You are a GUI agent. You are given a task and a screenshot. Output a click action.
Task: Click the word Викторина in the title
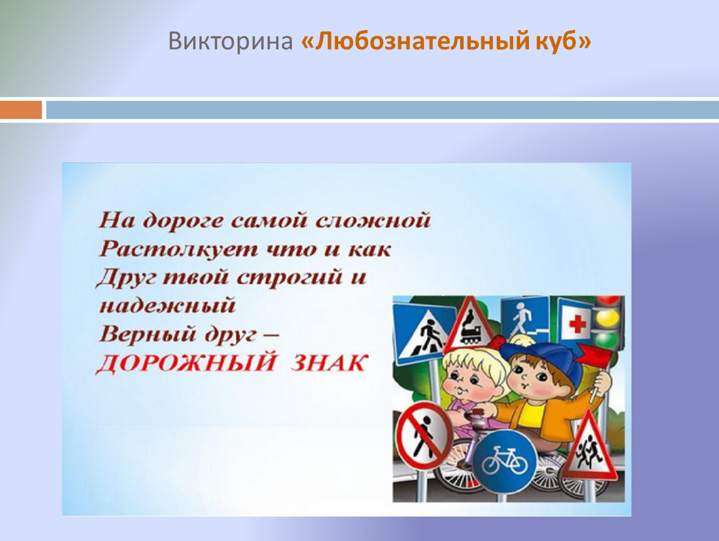tap(230, 41)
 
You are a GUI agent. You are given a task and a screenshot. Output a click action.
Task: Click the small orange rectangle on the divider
tap(21, 110)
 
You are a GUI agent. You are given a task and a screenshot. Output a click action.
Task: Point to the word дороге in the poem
tap(183, 221)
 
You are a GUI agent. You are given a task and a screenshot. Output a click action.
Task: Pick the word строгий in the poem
tap(289, 278)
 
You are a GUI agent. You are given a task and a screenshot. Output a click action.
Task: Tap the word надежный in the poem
tap(168, 306)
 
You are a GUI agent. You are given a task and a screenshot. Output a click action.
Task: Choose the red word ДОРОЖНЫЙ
tap(186, 363)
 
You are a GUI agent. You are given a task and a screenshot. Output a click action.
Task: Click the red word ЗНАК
tap(329, 363)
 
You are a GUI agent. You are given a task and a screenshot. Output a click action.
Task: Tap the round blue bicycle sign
tap(505, 461)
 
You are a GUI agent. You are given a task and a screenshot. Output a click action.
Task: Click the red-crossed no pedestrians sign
tap(424, 436)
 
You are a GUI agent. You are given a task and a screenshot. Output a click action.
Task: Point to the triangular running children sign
tap(589, 448)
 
